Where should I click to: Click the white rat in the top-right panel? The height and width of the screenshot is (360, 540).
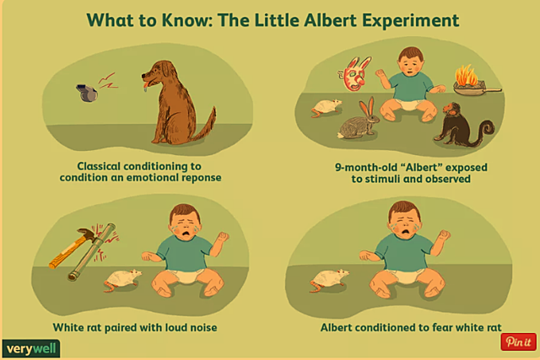coord(327,106)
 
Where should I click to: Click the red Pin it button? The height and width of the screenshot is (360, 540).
coord(517,341)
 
